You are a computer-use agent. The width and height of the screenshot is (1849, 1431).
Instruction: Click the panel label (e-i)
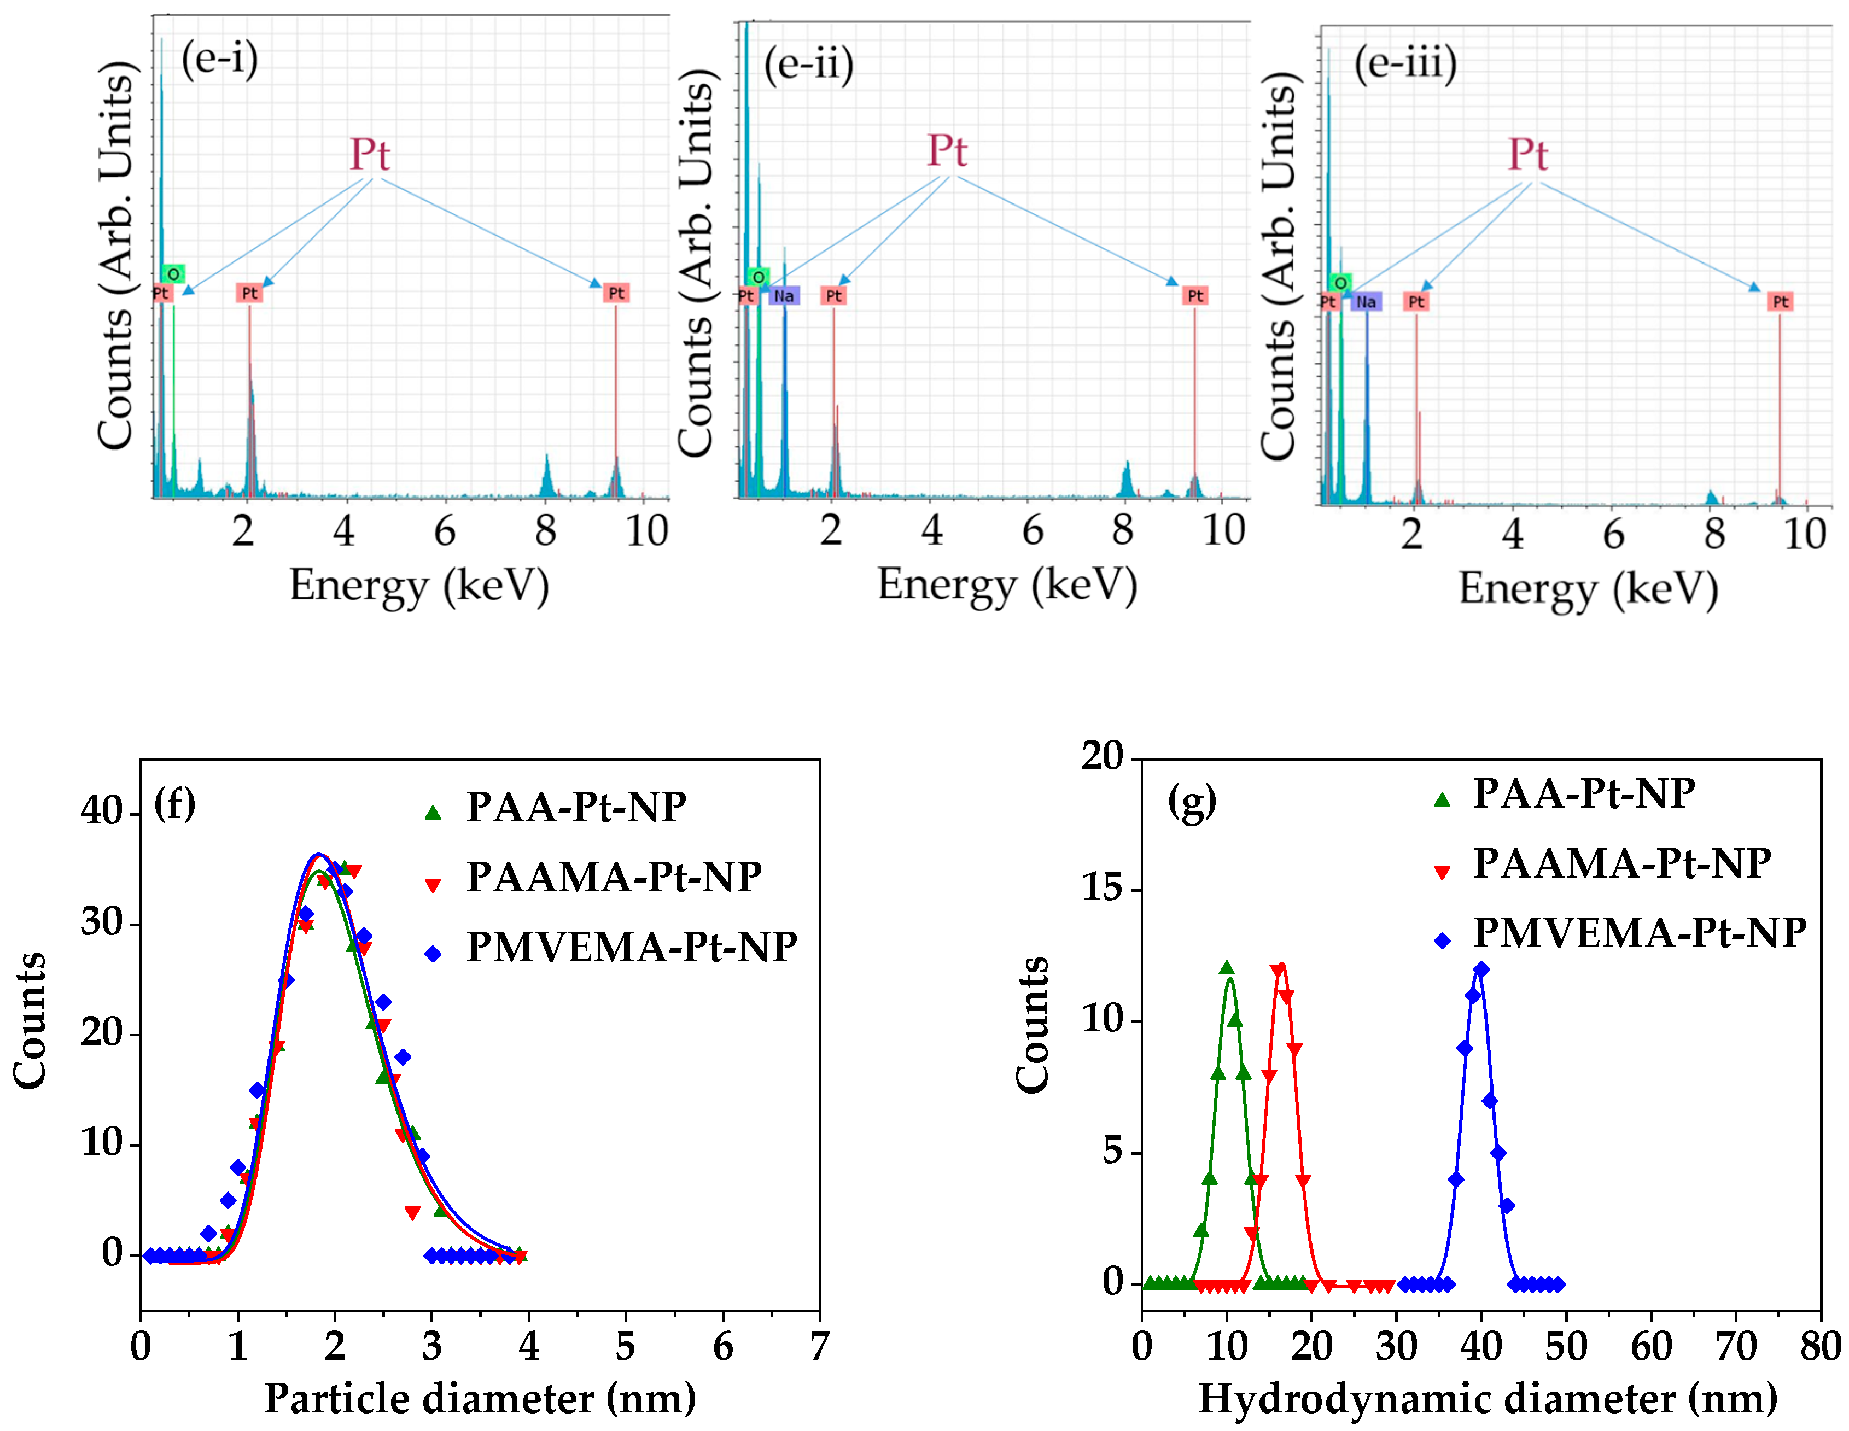click(x=219, y=59)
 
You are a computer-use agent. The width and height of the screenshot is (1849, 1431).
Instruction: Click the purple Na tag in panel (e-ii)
click(x=784, y=295)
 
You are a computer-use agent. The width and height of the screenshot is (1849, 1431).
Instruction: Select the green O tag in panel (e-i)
click(x=173, y=273)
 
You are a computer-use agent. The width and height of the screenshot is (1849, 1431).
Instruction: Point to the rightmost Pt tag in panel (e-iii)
click(x=1781, y=301)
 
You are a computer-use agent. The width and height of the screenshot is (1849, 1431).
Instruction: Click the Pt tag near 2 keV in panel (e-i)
click(x=249, y=293)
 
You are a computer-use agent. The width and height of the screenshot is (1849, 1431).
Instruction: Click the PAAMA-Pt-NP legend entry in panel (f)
click(x=613, y=877)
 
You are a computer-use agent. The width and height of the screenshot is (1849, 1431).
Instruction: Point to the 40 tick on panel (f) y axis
click(x=102, y=811)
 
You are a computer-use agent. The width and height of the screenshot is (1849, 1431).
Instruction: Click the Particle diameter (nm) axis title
click(x=480, y=1399)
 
